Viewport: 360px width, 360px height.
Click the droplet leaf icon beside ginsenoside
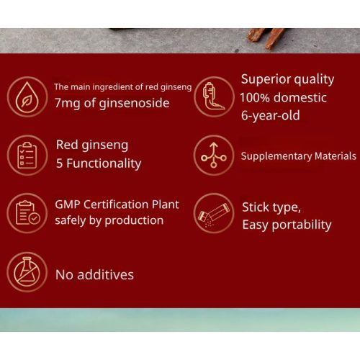coord(27,96)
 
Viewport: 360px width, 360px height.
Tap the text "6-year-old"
coord(270,115)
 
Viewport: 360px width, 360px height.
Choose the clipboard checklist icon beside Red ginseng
coord(27,154)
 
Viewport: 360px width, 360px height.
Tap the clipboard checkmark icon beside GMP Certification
coord(27,212)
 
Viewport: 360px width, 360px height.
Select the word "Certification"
coord(122,204)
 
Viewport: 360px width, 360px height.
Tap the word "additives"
coord(106,274)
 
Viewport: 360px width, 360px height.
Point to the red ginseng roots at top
coord(266,36)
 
